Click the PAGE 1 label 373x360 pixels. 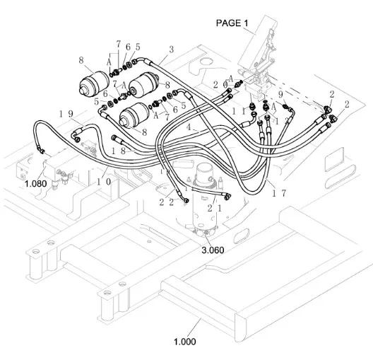coord(232,23)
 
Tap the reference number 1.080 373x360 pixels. coord(36,184)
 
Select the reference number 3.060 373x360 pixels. coord(213,250)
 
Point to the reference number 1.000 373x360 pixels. coord(185,342)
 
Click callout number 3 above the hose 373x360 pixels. coord(171,50)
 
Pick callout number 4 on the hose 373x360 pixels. coord(189,127)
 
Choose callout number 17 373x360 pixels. coord(279,193)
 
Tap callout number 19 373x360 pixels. coord(66,114)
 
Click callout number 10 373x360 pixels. coord(104,182)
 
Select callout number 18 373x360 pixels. coord(118,151)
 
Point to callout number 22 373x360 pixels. coord(167,202)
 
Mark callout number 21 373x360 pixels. coord(215,209)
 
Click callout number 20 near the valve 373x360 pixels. coord(220,85)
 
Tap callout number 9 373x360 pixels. coord(280,95)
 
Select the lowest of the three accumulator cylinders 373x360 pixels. coord(134,115)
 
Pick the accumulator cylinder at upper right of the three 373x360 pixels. coord(143,85)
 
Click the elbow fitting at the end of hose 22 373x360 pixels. coord(185,199)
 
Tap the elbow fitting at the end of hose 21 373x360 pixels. coord(227,196)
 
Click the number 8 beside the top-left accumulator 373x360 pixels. coord(81,60)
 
